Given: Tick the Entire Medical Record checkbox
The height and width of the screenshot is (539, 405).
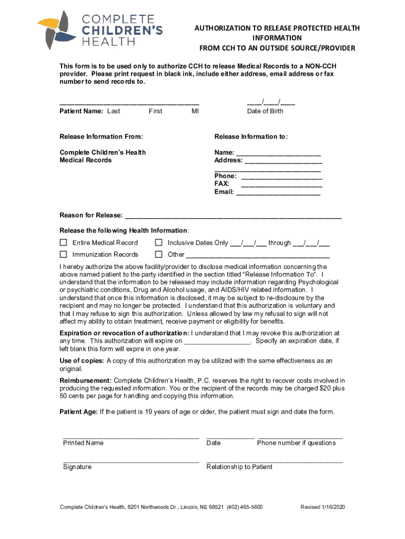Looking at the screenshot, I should click(x=64, y=243).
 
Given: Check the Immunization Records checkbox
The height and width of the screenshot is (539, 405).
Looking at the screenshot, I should click(x=64, y=255).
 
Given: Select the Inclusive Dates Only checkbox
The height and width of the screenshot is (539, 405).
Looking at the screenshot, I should click(x=158, y=243).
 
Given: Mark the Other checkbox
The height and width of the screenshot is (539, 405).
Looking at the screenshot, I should click(x=158, y=255).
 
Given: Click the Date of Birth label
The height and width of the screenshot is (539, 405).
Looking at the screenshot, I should click(x=265, y=111).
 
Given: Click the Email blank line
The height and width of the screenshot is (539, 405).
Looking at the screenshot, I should click(x=278, y=193).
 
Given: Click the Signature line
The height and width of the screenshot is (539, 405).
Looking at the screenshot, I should click(x=131, y=462).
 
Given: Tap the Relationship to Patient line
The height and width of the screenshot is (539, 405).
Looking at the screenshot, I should click(x=275, y=462).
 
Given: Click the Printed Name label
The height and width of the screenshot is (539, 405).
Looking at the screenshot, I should click(x=83, y=443).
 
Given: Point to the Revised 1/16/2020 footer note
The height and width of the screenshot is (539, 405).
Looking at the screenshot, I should click(x=322, y=507).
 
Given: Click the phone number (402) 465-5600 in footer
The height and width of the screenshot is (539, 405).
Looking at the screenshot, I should click(x=245, y=507).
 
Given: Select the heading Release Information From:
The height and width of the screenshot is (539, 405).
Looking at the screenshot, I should click(x=101, y=137).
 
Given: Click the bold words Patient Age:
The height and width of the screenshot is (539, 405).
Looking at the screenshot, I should click(x=78, y=412).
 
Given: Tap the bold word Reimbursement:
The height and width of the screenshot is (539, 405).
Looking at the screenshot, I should click(x=85, y=381).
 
